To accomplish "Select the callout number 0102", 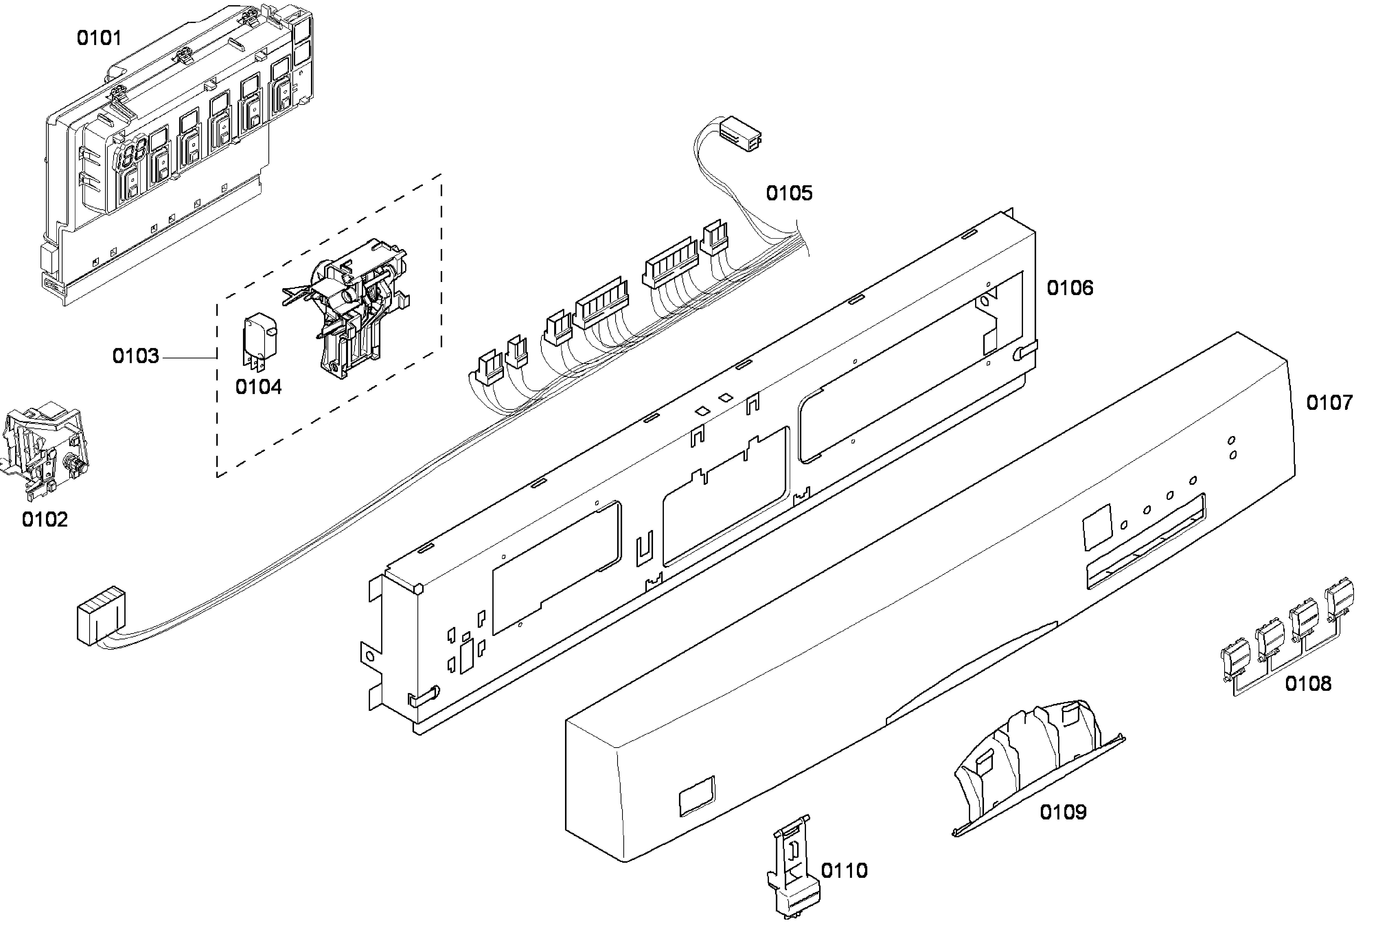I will (45, 520).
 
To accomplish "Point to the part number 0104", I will (258, 387).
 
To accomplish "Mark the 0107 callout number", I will (1329, 403).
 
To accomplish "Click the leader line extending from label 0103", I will (189, 357).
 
